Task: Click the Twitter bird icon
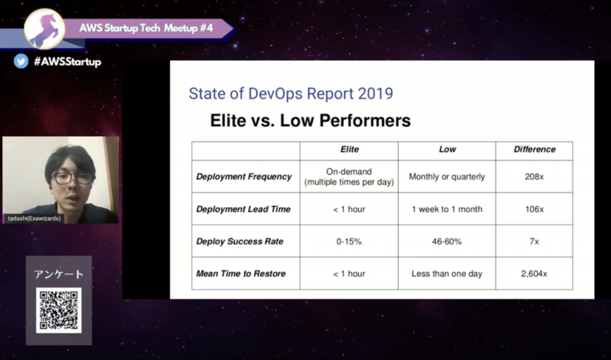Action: coord(21,61)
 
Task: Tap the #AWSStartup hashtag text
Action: coord(67,61)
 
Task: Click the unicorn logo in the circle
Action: coord(44,29)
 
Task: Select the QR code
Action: coord(59,310)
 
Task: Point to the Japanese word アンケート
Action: coord(59,274)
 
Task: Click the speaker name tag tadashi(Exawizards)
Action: coord(34,219)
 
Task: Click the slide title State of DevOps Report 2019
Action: coord(291,94)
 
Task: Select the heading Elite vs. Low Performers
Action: coord(310,121)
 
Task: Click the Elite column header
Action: coord(350,149)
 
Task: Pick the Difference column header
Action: coord(535,149)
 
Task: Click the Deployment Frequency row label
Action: coord(244,177)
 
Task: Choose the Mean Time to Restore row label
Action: coord(241,274)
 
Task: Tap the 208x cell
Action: coord(534,177)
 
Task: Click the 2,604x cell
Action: coord(534,274)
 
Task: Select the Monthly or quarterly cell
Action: coord(447,177)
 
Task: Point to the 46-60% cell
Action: coord(447,241)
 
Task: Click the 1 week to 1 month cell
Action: coord(447,210)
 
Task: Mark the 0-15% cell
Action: coord(349,241)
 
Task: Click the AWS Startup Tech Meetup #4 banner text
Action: coord(146,28)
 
